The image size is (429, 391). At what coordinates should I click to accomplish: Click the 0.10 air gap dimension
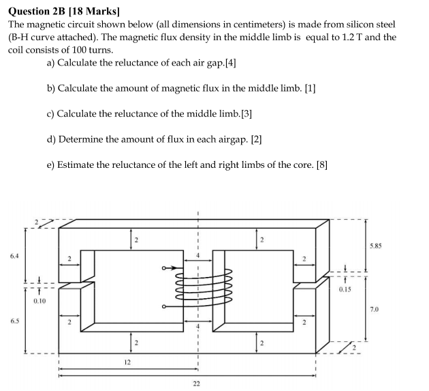39,300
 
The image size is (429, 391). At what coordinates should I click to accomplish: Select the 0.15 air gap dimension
347,289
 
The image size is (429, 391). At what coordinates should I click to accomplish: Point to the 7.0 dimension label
373,309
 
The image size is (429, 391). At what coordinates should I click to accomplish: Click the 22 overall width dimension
196,383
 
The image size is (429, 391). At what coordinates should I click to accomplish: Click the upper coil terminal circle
164,268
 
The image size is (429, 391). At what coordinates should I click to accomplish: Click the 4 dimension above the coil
199,255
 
